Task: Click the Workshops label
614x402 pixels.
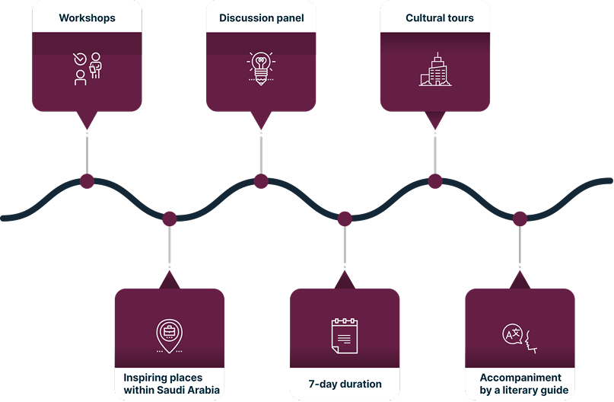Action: pyautogui.click(x=86, y=18)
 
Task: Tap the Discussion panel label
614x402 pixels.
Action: pyautogui.click(x=261, y=18)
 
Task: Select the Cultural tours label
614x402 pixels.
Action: pyautogui.click(x=439, y=18)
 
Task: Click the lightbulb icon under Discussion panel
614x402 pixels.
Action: pyautogui.click(x=260, y=67)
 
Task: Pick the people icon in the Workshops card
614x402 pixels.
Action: pyautogui.click(x=87, y=69)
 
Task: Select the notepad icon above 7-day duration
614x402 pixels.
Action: pyautogui.click(x=344, y=335)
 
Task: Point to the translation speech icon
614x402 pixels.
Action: pyautogui.click(x=519, y=337)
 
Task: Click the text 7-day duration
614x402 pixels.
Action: pyautogui.click(x=345, y=383)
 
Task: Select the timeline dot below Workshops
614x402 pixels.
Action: pyautogui.click(x=87, y=181)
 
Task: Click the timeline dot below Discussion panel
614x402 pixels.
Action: pyautogui.click(x=261, y=181)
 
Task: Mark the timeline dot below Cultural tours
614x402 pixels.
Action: pyautogui.click(x=434, y=181)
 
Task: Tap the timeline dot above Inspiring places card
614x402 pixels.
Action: pyautogui.click(x=169, y=219)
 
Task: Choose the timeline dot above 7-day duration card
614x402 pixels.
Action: pyautogui.click(x=345, y=219)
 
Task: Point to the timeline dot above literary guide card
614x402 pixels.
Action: pyautogui.click(x=520, y=219)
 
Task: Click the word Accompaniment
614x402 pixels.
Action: pyautogui.click(x=520, y=378)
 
